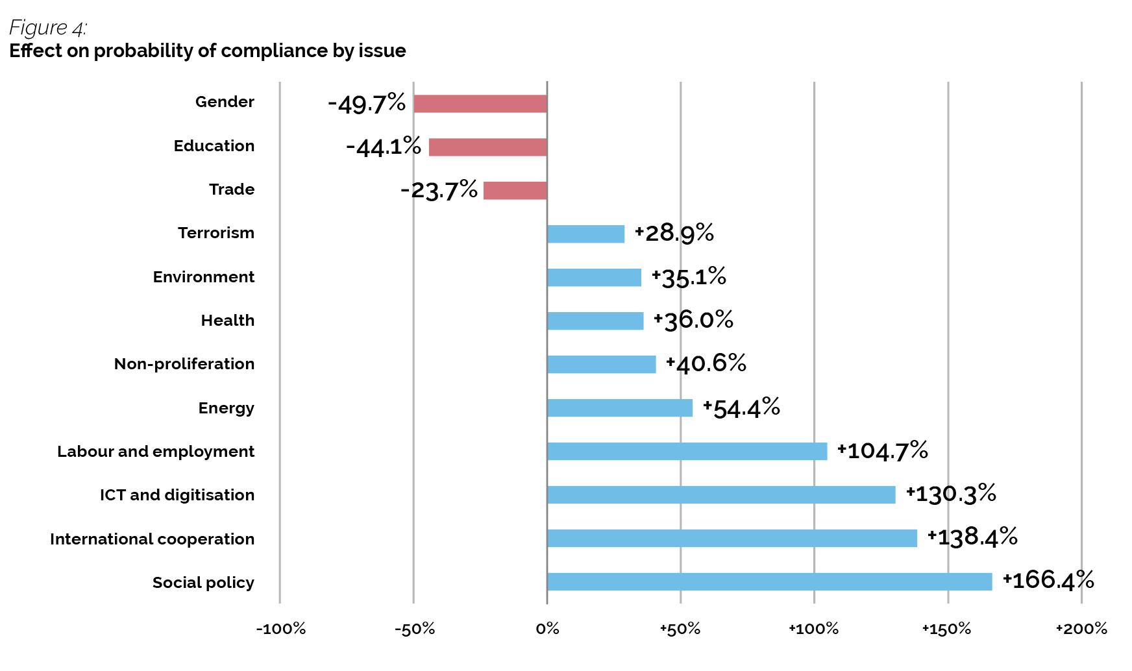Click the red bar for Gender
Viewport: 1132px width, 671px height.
click(480, 104)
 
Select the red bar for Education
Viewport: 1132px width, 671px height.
click(487, 147)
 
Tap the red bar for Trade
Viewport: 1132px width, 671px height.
click(515, 191)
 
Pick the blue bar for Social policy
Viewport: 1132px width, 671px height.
click(769, 581)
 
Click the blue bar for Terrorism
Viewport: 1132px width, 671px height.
click(585, 234)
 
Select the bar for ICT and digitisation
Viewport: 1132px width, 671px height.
click(721, 494)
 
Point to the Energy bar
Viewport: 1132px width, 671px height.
click(619, 408)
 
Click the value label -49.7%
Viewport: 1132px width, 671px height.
click(367, 104)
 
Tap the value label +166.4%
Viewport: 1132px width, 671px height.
click(1048, 580)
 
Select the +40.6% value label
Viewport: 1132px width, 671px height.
click(706, 363)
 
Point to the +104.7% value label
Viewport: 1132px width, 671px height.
click(883, 450)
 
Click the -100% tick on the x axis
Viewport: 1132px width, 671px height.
click(280, 629)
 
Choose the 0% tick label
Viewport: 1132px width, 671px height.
click(547, 629)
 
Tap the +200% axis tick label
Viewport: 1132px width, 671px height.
click(1081, 629)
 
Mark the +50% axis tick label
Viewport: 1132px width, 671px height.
click(680, 629)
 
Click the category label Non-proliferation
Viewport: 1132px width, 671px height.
click(184, 364)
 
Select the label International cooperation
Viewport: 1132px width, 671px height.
click(152, 539)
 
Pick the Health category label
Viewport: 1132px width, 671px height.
click(227, 321)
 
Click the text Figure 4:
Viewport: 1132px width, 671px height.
click(48, 28)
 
